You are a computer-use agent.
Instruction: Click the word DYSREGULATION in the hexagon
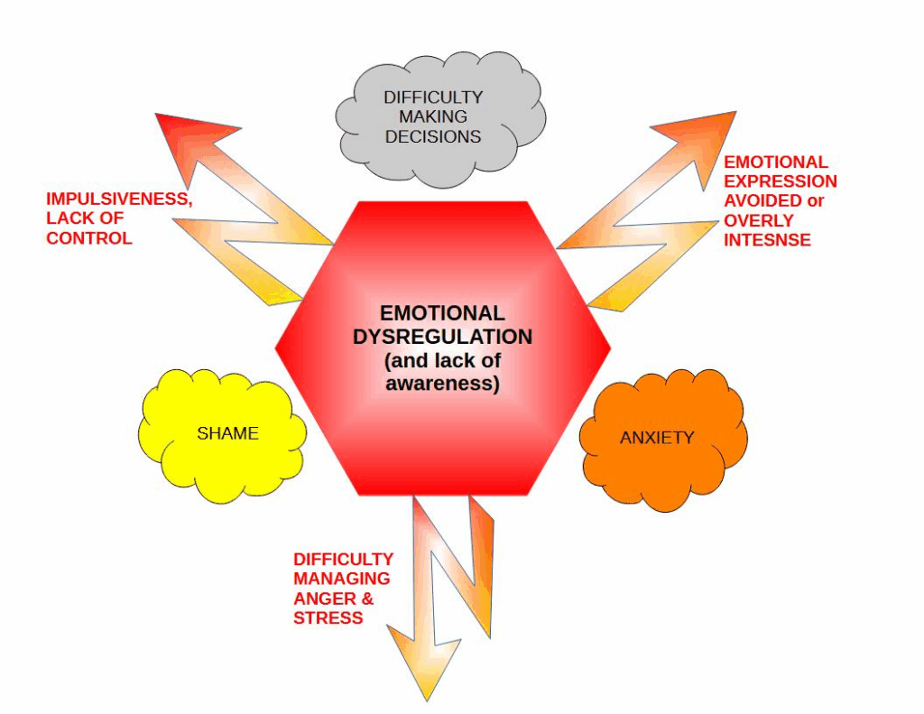pos(442,337)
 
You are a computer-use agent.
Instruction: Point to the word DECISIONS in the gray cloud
pos(433,137)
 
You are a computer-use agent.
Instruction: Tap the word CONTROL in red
pos(89,238)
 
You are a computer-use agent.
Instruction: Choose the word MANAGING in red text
pos(342,579)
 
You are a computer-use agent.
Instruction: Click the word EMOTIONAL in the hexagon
pos(442,313)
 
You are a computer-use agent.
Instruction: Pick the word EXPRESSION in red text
pos(781,181)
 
